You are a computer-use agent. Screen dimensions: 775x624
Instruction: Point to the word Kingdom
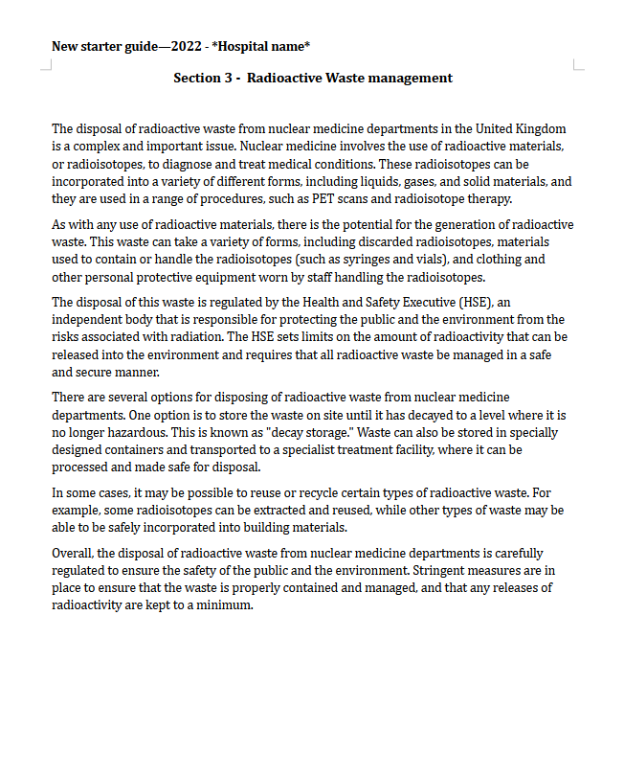tap(540, 128)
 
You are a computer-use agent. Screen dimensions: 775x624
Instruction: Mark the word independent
tap(88, 320)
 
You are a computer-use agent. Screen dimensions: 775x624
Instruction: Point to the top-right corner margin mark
tap(578, 65)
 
